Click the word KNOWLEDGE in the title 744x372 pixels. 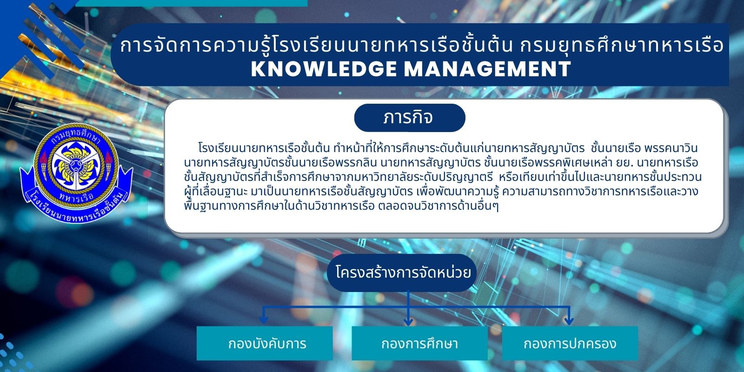[x=324, y=69]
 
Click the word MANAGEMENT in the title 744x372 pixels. [x=488, y=69]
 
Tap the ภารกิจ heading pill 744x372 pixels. [x=410, y=118]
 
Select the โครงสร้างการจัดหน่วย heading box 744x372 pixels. [x=402, y=273]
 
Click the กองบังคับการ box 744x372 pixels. [x=265, y=343]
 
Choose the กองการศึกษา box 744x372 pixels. [x=419, y=343]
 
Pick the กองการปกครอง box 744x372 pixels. [x=570, y=343]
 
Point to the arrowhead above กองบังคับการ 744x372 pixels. [x=264, y=319]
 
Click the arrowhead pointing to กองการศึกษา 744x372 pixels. [x=408, y=321]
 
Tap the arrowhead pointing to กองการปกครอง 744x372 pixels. [x=569, y=320]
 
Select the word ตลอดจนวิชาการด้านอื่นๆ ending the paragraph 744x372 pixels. [x=438, y=206]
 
